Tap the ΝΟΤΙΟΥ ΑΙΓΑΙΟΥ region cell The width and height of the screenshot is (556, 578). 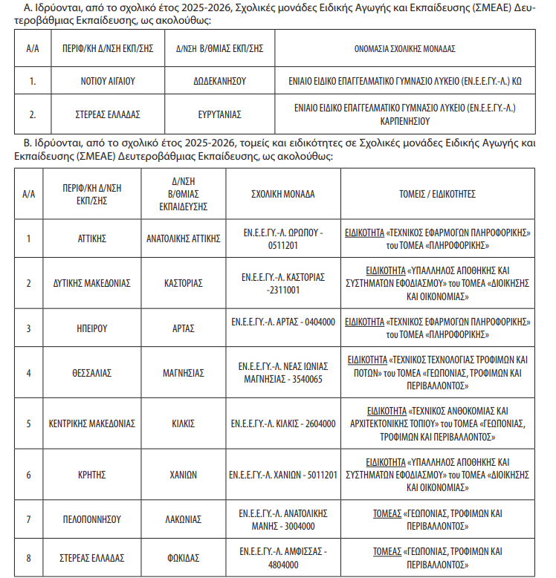tap(107, 82)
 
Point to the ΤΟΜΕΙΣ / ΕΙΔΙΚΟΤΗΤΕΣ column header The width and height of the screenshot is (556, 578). tap(442, 194)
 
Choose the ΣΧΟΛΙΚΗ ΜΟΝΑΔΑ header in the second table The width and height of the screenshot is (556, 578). tap(282, 194)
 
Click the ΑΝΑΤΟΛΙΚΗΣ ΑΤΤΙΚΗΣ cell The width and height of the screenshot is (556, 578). tap(183, 238)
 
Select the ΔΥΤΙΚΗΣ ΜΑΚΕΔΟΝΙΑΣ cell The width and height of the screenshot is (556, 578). tap(92, 283)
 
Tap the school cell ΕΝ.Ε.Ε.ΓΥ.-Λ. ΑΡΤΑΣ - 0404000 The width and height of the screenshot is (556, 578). tap(282, 322)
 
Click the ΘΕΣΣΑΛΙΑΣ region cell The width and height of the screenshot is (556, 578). tap(92, 373)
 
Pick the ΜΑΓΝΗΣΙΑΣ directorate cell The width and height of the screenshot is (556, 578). tap(183, 373)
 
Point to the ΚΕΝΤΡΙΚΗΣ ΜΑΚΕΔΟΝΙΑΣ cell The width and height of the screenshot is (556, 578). tap(92, 423)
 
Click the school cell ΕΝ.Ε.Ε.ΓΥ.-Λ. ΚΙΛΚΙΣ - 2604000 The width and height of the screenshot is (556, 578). tap(282, 423)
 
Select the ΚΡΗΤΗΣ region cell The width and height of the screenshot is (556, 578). tap(92, 475)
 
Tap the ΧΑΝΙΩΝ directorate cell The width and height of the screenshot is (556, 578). tap(183, 475)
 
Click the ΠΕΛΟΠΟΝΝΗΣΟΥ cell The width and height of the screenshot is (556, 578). tap(92, 519)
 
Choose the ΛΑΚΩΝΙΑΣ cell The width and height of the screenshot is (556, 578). tap(183, 519)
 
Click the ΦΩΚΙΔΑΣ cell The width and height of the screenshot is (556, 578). tap(183, 558)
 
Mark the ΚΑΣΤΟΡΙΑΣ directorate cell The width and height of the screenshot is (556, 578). tap(183, 283)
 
